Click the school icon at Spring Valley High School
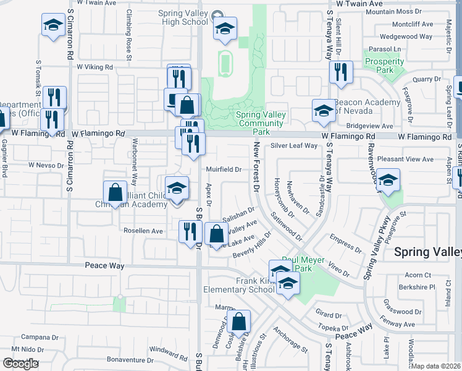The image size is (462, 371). [225, 28]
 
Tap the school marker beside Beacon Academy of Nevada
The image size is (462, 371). [323, 111]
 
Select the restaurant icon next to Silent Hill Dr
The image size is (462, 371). [340, 73]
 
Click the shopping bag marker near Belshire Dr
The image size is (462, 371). [238, 322]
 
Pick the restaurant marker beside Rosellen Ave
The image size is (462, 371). [190, 231]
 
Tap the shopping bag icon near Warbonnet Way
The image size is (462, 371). [115, 192]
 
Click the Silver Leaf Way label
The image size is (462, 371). [293, 146]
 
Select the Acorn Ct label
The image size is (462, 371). [418, 275]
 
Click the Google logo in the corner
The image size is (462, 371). [20, 364]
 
